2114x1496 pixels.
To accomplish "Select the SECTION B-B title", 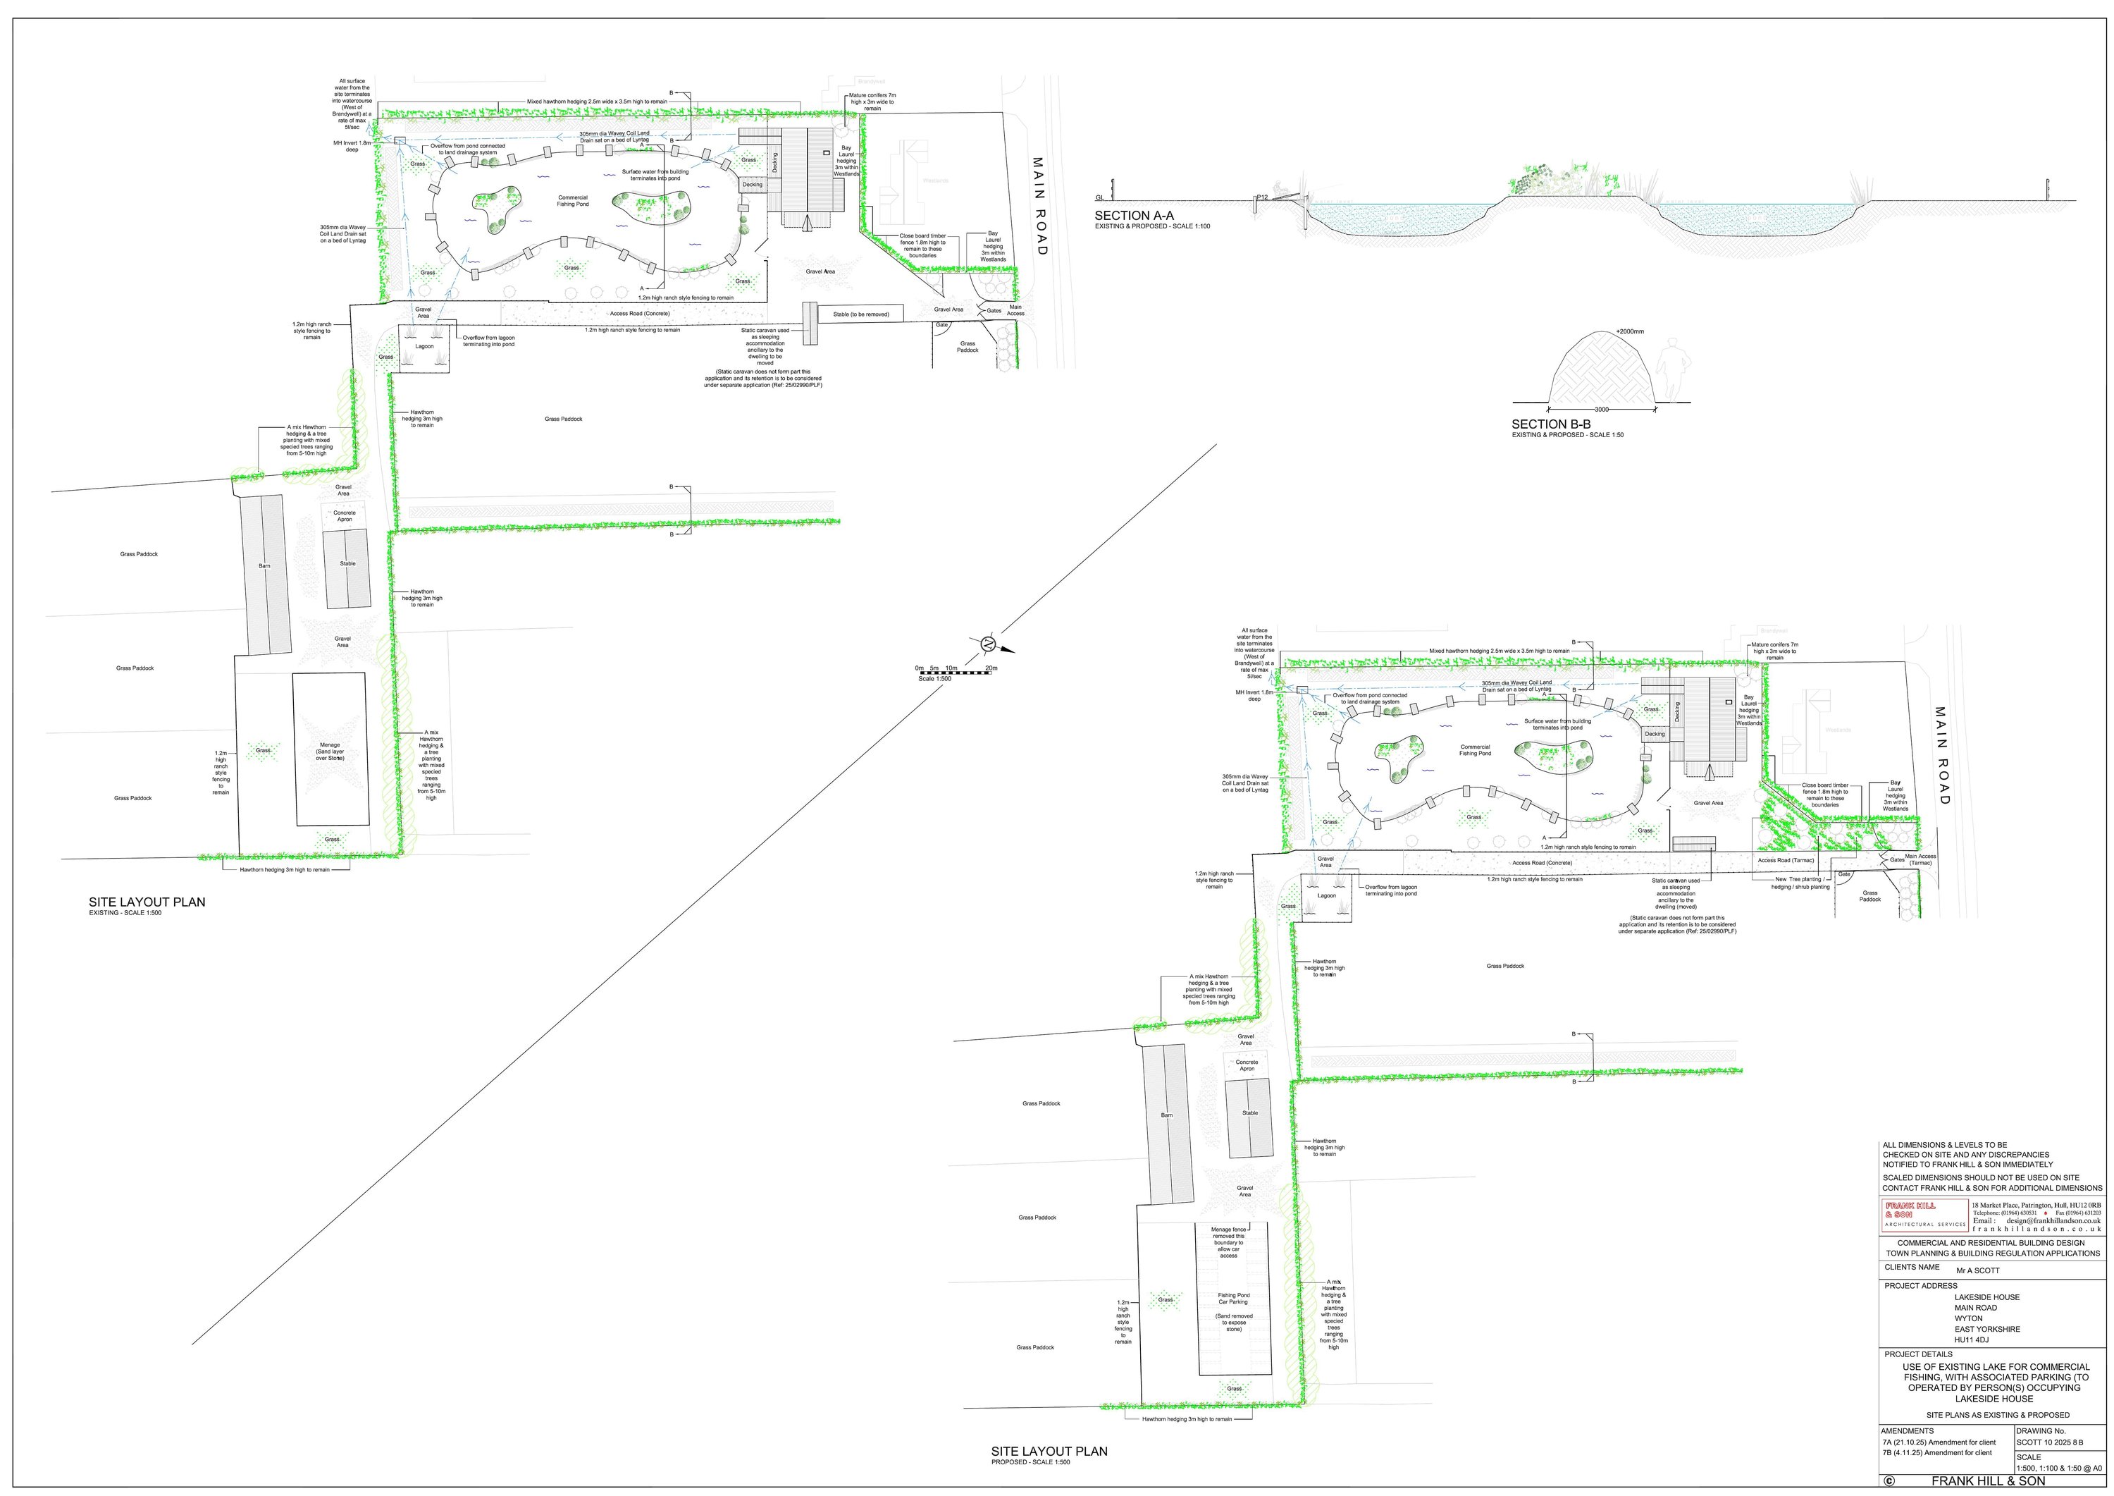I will point(1550,424).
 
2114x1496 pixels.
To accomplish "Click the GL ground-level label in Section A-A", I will point(1099,198).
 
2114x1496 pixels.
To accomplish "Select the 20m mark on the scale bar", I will point(991,668).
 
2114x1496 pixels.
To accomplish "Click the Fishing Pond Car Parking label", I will point(1233,1299).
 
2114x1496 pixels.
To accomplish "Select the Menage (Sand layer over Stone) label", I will point(330,751).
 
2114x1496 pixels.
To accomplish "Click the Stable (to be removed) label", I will point(861,314).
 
